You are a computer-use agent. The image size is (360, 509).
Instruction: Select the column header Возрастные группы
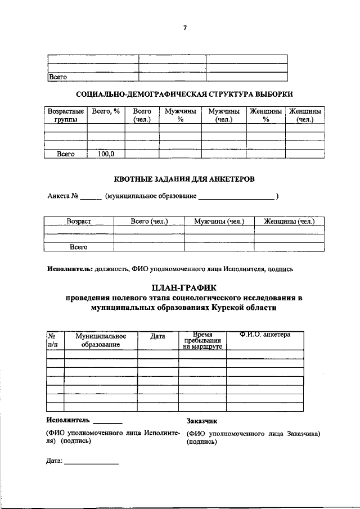click(x=66, y=116)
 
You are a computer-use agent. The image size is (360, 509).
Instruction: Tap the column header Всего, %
click(x=106, y=112)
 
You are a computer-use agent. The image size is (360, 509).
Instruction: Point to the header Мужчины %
click(x=180, y=116)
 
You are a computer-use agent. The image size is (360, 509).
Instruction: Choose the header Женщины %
click(x=266, y=116)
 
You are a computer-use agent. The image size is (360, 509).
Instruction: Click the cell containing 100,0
click(x=106, y=154)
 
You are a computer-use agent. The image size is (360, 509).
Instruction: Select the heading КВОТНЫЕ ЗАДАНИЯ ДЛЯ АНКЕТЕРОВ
click(x=184, y=179)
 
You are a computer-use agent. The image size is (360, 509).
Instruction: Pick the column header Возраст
click(x=79, y=222)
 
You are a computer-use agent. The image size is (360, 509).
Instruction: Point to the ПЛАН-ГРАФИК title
click(x=184, y=288)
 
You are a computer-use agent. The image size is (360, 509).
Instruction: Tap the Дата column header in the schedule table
click(x=158, y=336)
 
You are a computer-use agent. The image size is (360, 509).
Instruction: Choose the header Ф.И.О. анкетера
click(x=264, y=335)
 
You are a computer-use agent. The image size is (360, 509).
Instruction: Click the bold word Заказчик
click(x=201, y=420)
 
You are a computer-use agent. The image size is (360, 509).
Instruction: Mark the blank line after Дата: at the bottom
click(x=91, y=463)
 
